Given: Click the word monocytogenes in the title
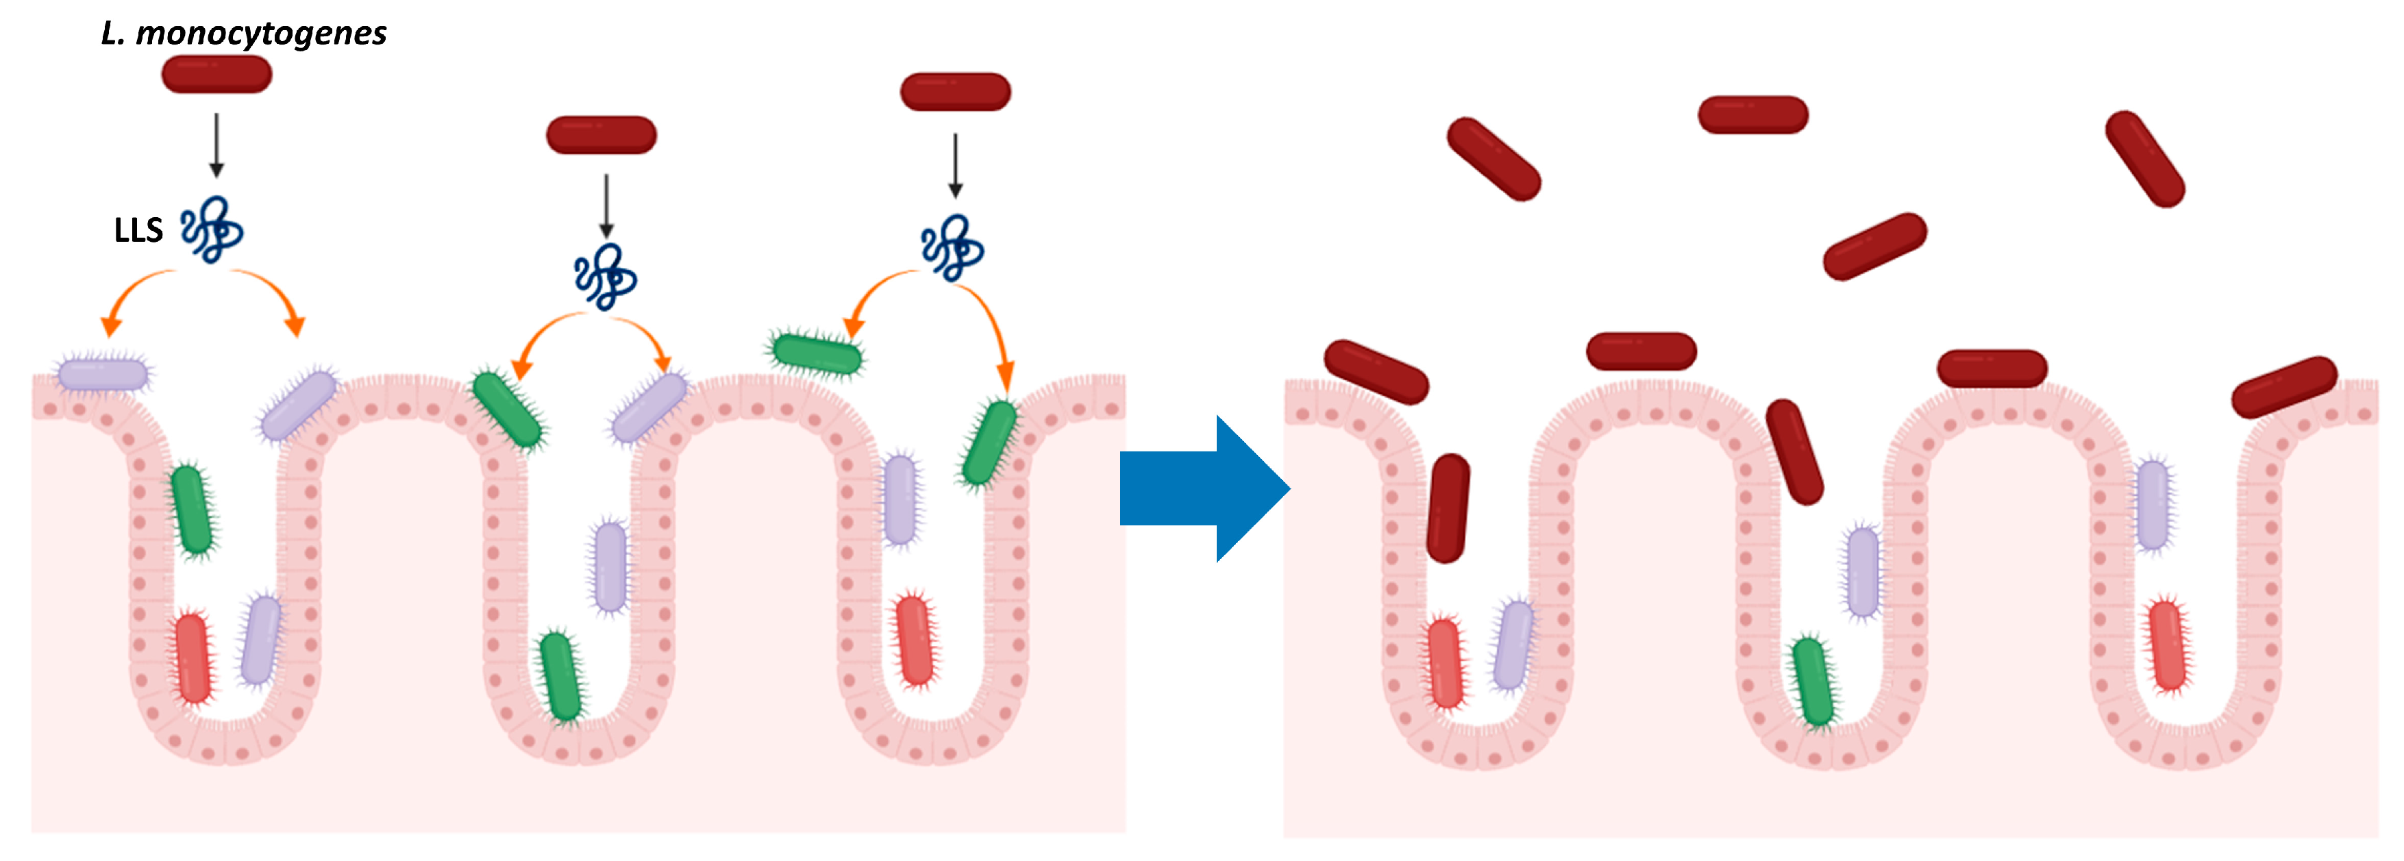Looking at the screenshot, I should pos(261,34).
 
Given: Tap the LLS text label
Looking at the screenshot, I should pos(138,230).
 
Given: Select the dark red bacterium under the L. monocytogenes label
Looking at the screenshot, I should pos(216,75).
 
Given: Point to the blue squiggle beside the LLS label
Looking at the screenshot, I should pos(212,229).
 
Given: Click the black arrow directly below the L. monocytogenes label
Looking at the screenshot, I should pos(216,145).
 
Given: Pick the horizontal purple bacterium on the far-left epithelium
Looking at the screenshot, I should pos(103,375).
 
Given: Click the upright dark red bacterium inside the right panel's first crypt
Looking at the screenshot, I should pos(1448,508).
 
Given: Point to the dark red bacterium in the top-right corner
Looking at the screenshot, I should pos(2144,159).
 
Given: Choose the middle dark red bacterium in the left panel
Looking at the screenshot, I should pos(601,135).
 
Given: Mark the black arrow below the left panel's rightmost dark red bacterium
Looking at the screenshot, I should pos(955,165).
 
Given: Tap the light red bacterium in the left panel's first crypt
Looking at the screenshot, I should pos(193,658).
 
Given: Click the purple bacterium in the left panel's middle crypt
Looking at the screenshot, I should pos(610,566).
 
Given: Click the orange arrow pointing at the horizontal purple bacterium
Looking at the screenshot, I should pos(131,294).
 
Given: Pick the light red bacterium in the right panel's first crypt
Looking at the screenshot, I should pos(1445,663).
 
